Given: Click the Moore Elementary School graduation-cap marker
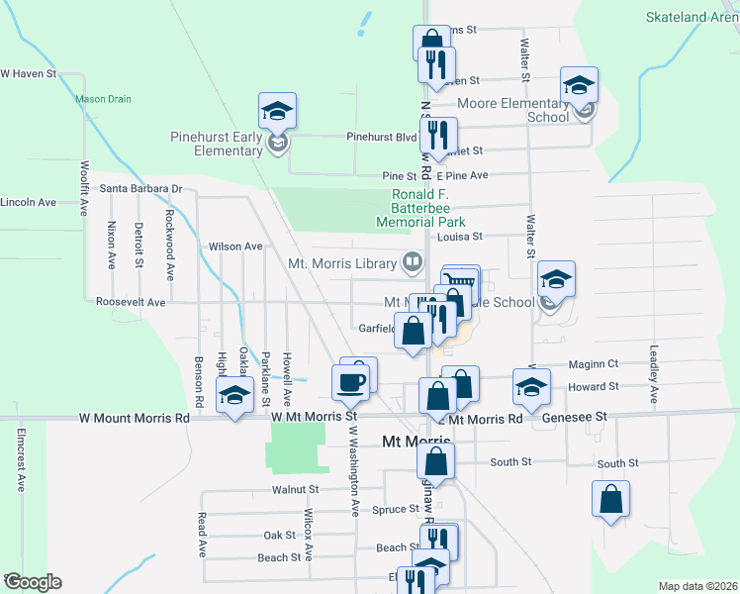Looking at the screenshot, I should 579,85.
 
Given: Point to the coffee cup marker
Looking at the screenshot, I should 352,380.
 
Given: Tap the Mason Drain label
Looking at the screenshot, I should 103,99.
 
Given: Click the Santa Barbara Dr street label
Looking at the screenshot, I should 141,188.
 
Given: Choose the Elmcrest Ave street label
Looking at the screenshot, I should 20,459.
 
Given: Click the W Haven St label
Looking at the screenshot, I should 29,74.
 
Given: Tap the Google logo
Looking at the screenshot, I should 32,582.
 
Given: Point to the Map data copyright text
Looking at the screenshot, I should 697,586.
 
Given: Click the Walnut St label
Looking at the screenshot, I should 296,489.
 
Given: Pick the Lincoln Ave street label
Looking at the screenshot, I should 28,202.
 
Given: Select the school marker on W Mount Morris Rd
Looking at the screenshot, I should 234,398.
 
